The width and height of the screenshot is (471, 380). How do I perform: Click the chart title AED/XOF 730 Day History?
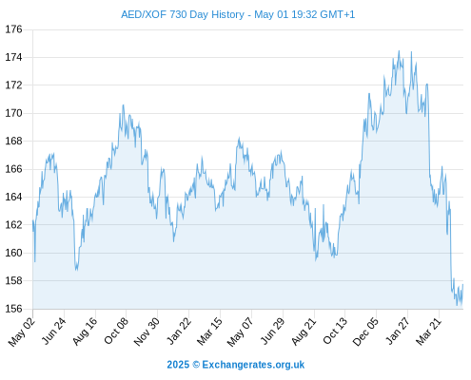(183, 14)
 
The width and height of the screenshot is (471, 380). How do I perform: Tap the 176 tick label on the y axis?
(14, 29)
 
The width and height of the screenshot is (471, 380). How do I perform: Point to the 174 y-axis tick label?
(14, 57)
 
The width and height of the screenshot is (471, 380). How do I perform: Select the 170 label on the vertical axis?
(14, 113)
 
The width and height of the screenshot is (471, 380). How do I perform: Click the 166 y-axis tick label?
(14, 169)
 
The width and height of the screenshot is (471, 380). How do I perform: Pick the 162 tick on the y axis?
(14, 225)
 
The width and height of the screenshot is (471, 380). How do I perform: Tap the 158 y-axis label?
(14, 280)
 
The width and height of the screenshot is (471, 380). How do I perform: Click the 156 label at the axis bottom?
(14, 309)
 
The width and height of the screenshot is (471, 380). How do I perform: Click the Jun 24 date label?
(54, 331)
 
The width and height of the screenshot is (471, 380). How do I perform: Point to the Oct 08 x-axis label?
(116, 331)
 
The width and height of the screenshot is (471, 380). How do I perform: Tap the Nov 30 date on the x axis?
(147, 331)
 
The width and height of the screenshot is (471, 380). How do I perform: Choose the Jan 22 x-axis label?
(179, 331)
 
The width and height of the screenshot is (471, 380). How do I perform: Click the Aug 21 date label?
(304, 331)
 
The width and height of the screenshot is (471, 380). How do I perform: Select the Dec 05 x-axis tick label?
(365, 331)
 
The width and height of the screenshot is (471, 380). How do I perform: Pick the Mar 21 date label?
(428, 331)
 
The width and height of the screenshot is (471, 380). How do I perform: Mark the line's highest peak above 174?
(399, 50)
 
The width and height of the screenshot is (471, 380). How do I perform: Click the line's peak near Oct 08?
(123, 104)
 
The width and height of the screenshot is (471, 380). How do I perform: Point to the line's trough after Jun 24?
(76, 270)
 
